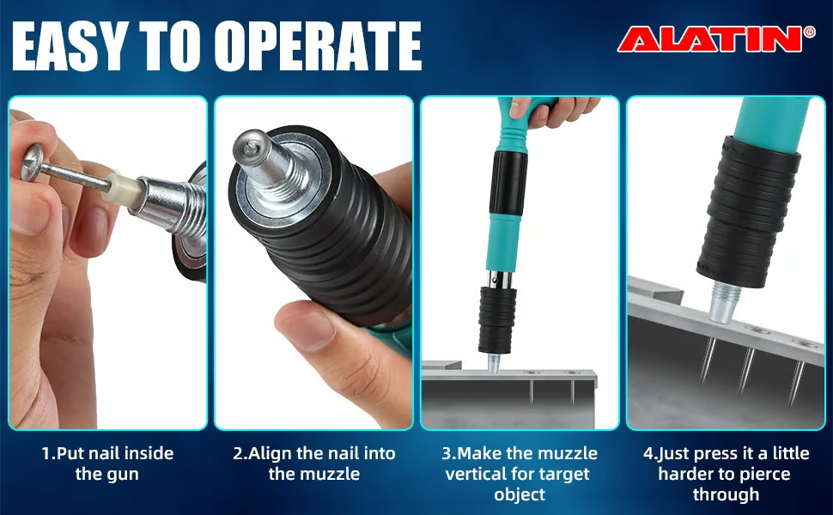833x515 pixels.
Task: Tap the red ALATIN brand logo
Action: click(x=711, y=39)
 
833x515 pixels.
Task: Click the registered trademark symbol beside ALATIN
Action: click(x=810, y=32)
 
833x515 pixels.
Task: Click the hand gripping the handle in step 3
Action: click(x=552, y=111)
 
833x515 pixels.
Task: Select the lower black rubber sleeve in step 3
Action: click(x=496, y=319)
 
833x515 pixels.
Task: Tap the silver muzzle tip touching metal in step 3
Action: click(x=494, y=363)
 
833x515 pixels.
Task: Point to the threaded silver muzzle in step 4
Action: click(x=725, y=303)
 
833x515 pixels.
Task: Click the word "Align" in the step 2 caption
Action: click(x=271, y=454)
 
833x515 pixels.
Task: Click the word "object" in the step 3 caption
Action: click(x=519, y=494)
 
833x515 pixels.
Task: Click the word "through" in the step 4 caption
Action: click(x=727, y=494)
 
